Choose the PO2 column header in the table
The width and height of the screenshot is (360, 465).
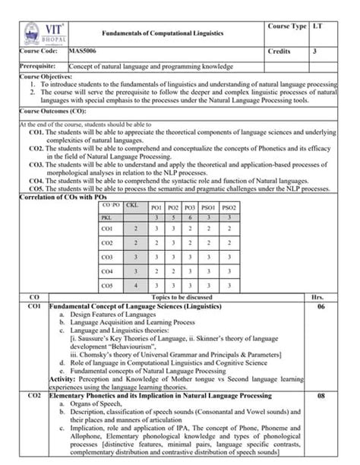pos(173,207)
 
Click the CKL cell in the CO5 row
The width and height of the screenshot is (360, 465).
pos(135,286)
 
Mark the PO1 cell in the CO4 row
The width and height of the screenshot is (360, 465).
pos(156,271)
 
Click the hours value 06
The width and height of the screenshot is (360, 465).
pos(321,306)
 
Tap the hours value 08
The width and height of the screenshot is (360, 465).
pos(321,396)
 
